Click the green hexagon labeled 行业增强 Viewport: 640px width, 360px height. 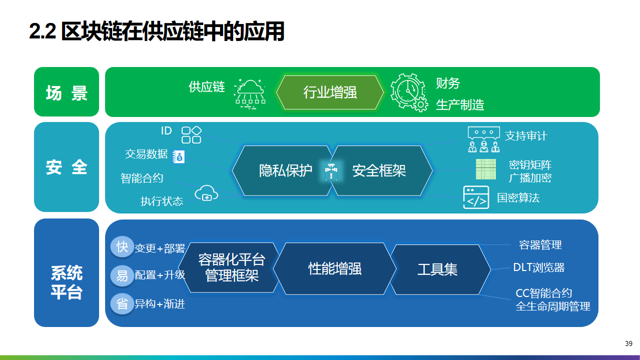(x=330, y=92)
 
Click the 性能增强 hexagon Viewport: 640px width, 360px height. (x=335, y=268)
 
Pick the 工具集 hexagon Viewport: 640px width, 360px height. (x=440, y=269)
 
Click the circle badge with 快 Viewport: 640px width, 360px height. (x=122, y=246)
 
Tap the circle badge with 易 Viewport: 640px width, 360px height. (x=122, y=276)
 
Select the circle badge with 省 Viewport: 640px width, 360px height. (x=122, y=304)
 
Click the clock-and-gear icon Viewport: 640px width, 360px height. (x=409, y=92)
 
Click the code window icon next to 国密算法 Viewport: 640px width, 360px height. (x=476, y=197)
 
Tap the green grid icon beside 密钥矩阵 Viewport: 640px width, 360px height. (x=486, y=169)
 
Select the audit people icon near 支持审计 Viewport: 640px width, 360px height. (x=484, y=139)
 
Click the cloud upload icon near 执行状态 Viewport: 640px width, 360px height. (x=206, y=193)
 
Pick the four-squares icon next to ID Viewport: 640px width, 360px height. (x=192, y=135)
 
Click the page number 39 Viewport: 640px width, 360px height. (x=628, y=343)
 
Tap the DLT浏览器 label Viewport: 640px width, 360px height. (x=539, y=267)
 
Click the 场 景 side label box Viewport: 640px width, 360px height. (x=67, y=92)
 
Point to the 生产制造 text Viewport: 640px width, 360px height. (x=460, y=105)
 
